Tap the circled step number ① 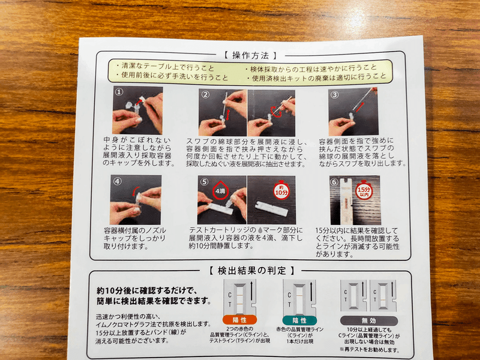[x=119, y=93]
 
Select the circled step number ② [x=205, y=94]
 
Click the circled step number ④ [x=118, y=181]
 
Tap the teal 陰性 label [x=300, y=320]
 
